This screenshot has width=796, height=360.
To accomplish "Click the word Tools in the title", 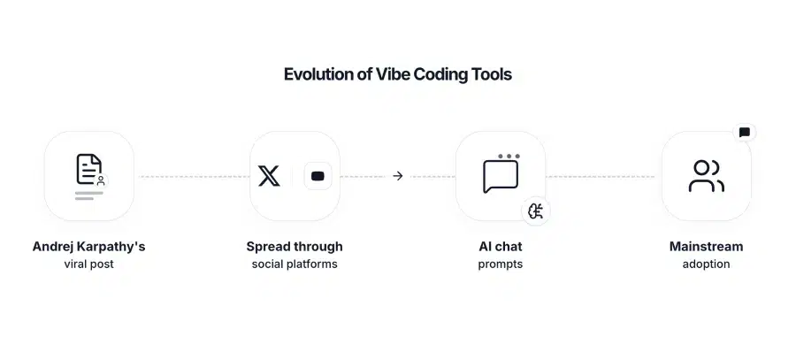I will point(492,74).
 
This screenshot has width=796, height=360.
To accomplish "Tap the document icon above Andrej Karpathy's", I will point(88,171).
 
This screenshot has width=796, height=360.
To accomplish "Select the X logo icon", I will point(269,175).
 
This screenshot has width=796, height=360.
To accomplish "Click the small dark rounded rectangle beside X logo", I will point(318,176).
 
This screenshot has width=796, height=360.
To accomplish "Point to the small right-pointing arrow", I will point(398,176).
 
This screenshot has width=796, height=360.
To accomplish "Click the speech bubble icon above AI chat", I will point(501,175).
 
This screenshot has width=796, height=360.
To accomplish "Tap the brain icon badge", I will point(535,211).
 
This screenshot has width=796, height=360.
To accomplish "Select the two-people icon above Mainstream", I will point(706,176).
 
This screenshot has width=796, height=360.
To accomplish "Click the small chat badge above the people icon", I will point(744,133).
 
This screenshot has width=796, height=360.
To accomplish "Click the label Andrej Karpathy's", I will point(88,247).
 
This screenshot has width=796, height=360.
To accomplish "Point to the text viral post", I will point(88,264).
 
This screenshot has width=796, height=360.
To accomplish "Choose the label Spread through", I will point(295,247).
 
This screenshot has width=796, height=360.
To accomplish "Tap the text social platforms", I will point(295,264).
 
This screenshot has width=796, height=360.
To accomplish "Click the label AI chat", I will point(501,247).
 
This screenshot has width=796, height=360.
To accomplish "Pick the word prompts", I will point(501,264).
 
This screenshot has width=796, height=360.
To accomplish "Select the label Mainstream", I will point(706,247).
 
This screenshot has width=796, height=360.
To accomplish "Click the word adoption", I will point(706,264).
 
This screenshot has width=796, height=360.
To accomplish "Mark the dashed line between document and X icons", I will point(193,176).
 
